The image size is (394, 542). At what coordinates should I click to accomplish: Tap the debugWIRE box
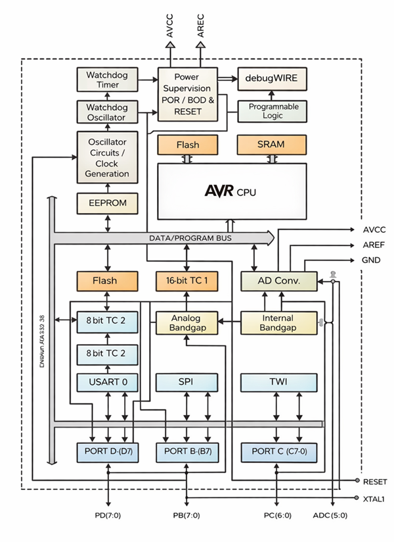pos(272,78)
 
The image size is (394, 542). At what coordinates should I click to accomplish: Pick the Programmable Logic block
pos(272,111)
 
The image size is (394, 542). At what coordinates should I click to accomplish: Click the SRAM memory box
pos(272,144)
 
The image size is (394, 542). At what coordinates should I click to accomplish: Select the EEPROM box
pos(108,203)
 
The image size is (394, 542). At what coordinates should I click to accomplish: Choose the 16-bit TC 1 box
pos(187,281)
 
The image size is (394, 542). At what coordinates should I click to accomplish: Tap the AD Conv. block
pos(278,281)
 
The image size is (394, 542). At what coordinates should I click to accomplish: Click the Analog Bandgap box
pos(187,322)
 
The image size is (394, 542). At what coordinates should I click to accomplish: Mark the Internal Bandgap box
pos(278,322)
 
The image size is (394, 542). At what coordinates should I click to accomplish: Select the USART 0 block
pos(108,382)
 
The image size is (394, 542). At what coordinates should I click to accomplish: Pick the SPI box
pos(187,382)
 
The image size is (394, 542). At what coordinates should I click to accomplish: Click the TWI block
pos(278,382)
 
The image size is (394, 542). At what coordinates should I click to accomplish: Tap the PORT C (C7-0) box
pos(278,453)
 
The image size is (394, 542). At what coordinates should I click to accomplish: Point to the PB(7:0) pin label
pos(187,515)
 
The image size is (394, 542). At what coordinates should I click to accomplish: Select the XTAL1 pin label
pos(373,499)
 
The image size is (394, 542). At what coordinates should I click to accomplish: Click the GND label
pos(371,260)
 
